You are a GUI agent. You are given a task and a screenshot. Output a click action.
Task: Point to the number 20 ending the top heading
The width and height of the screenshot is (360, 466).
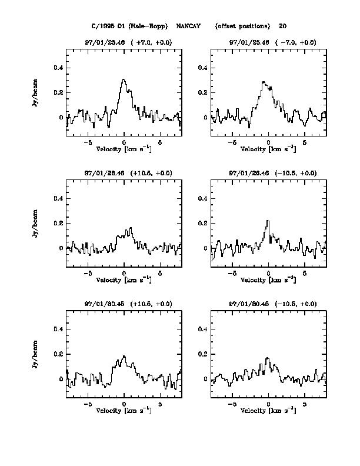click(283, 26)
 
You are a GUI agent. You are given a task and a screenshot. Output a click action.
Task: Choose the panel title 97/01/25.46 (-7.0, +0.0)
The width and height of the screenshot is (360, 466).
click(272, 42)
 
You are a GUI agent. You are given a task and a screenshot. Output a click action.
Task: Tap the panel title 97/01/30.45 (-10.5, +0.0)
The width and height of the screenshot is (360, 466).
click(272, 304)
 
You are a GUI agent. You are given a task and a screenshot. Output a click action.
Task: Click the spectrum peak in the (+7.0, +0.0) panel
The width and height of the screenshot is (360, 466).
click(124, 79)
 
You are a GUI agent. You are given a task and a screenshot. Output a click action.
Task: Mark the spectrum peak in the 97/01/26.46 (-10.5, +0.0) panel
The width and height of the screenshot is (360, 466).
click(268, 221)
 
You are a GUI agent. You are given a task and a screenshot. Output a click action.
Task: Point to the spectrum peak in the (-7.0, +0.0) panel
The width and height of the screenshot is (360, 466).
click(264, 82)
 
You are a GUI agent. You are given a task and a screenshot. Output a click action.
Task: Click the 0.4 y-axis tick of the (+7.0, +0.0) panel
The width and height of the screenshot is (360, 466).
click(58, 68)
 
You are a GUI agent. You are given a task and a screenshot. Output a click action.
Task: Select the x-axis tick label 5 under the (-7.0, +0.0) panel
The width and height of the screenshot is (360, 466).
click(305, 142)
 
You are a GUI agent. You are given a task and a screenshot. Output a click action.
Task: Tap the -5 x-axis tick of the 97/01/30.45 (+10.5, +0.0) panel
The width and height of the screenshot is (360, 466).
click(88, 404)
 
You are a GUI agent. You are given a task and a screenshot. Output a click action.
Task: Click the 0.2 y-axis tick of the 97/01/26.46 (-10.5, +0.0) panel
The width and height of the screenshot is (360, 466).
click(202, 223)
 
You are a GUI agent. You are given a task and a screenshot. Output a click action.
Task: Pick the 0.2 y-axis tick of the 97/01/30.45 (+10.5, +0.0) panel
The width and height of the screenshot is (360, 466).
click(58, 354)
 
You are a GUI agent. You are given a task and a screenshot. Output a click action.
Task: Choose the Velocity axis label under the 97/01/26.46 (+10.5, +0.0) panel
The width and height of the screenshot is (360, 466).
click(124, 279)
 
